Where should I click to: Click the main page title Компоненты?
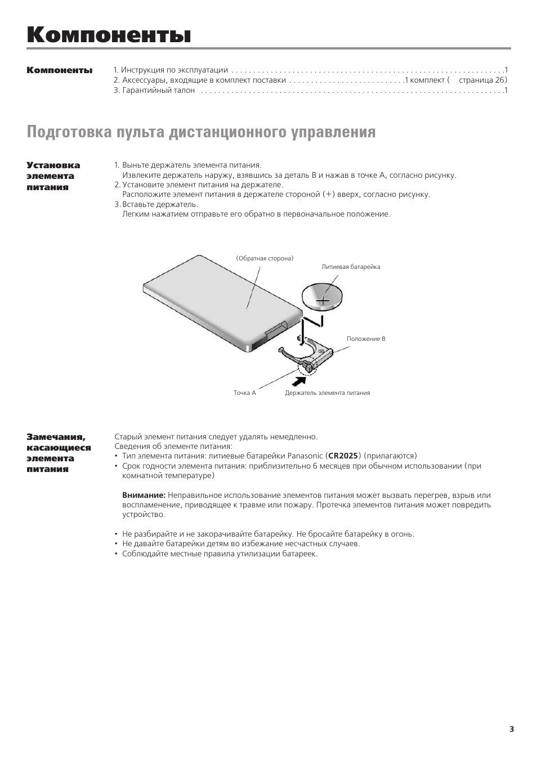pyautogui.click(x=109, y=35)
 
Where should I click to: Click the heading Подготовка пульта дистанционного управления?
pyautogui.click(x=201, y=132)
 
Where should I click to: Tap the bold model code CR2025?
pyautogui.click(x=343, y=456)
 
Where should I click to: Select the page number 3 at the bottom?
pyautogui.click(x=512, y=729)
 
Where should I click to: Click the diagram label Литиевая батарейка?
pyautogui.click(x=351, y=267)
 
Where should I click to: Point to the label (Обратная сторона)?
pyautogui.click(x=265, y=258)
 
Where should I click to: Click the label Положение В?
pyautogui.click(x=366, y=339)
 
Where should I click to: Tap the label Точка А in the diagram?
pyautogui.click(x=245, y=393)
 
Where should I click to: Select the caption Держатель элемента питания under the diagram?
pyautogui.click(x=327, y=393)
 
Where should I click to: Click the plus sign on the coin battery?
pyautogui.click(x=323, y=301)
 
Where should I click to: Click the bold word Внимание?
pyautogui.click(x=144, y=495)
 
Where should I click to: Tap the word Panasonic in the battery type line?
pyautogui.click(x=305, y=456)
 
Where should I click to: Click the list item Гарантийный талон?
pyautogui.click(x=158, y=90)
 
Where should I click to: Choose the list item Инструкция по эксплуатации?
pyautogui.click(x=174, y=70)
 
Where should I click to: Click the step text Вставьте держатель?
pyautogui.click(x=160, y=204)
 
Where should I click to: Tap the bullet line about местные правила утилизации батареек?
pyautogui.click(x=220, y=554)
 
